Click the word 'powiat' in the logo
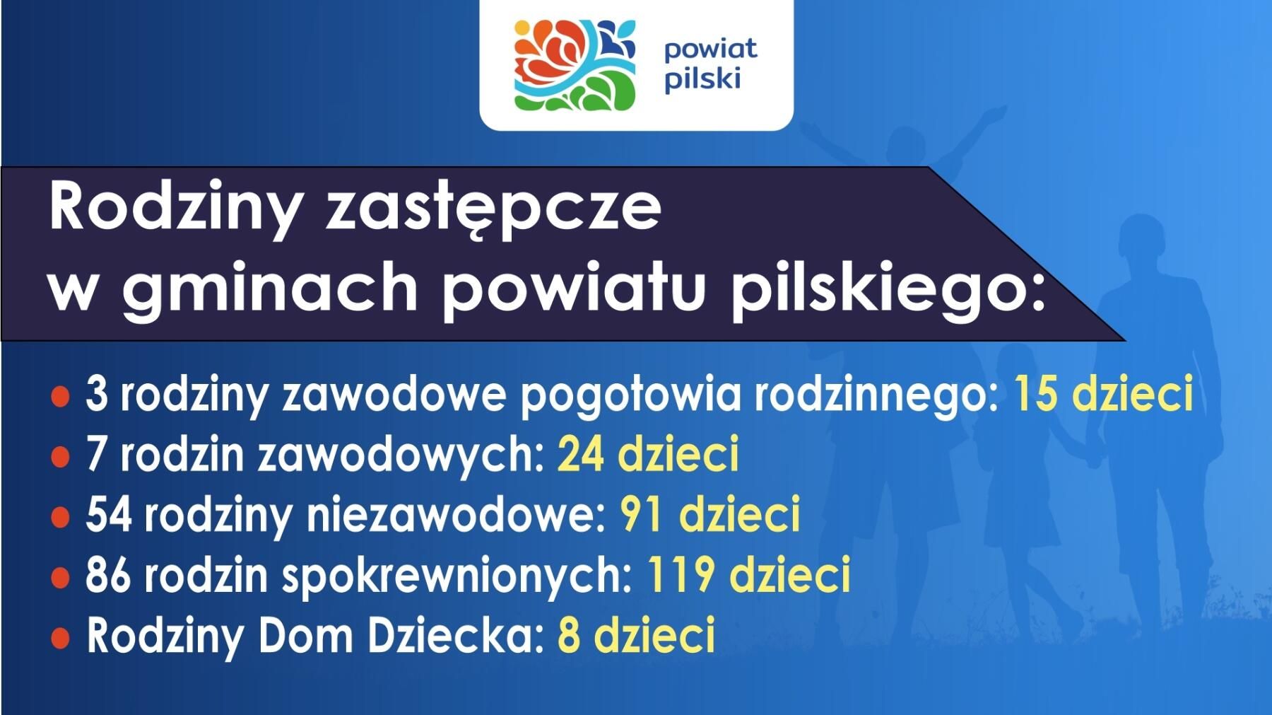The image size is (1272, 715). click(710, 50)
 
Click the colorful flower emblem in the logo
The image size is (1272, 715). click(575, 65)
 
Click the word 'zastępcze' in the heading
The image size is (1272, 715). click(493, 210)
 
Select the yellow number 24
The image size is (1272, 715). click(581, 453)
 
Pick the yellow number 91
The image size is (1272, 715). click(641, 514)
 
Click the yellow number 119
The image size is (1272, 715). click(679, 574)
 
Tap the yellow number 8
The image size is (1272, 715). click(569, 635)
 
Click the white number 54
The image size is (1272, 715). click(109, 514)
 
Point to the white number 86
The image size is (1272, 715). click(109, 574)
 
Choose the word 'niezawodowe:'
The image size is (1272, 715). click(457, 514)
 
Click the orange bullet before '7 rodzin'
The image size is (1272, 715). click(61, 457)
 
